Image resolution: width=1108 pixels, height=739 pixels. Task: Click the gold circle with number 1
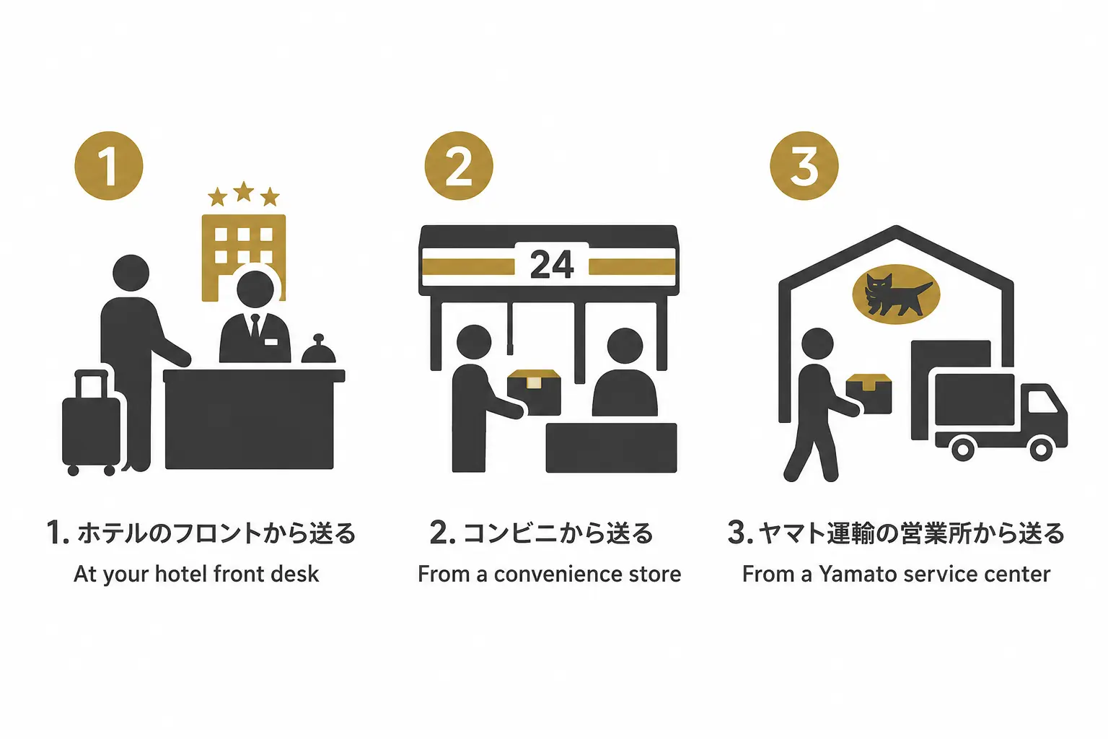(109, 166)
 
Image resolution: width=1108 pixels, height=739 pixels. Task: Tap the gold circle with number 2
(459, 166)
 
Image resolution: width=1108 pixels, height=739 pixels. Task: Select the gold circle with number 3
(804, 166)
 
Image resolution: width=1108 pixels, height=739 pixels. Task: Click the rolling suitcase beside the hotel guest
(90, 424)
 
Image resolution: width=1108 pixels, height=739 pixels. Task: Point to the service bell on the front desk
(319, 349)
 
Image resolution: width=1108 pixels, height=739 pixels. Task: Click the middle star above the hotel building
(243, 191)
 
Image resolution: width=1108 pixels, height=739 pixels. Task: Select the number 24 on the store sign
(552, 264)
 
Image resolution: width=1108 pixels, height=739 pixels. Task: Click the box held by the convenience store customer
(535, 392)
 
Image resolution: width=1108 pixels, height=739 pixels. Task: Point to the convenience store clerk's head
(625, 346)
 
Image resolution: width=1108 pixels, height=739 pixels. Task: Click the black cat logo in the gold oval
(896, 295)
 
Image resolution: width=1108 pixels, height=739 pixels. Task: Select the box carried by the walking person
(869, 393)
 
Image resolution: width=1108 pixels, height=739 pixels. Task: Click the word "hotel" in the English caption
(181, 574)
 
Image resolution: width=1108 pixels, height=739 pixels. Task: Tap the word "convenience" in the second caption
(558, 574)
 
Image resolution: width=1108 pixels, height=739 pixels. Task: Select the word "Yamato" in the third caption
(858, 574)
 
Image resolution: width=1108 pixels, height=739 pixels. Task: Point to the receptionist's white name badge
(271, 342)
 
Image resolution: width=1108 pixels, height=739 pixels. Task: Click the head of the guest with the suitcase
(131, 273)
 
